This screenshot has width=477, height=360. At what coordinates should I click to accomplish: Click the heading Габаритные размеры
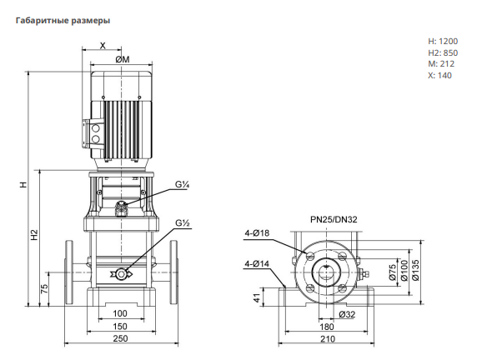pos(63,21)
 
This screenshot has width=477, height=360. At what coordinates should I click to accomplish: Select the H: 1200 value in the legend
pos(443,41)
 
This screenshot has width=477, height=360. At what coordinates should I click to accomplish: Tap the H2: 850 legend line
pos(443,52)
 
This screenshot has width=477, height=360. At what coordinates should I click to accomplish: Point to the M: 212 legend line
pos(441,64)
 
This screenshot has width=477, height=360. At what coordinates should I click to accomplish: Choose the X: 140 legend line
pos(439,75)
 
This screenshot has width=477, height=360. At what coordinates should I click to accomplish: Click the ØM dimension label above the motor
pos(123,59)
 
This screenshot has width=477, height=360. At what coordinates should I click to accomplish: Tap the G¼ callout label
pos(183,184)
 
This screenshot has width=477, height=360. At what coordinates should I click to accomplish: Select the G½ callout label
pos(183,222)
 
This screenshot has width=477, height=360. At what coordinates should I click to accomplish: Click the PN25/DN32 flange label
pos(334,219)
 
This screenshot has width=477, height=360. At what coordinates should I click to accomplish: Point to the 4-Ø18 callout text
pos(257,232)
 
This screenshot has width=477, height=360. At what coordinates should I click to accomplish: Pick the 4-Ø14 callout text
pos(257,263)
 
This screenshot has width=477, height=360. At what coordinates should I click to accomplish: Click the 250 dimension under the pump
pos(120,338)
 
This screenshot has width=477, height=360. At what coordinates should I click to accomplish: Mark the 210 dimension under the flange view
pos(328,338)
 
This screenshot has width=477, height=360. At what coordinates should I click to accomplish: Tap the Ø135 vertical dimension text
pos(415,270)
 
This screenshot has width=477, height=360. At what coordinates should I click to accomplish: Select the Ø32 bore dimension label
pos(347,314)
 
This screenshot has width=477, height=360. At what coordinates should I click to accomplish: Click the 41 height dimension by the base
pos(258,297)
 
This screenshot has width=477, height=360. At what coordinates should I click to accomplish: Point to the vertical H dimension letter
pos(23,184)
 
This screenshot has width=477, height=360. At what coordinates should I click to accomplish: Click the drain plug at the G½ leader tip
pos(122,274)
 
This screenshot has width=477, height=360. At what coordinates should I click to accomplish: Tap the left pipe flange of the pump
pos(69,272)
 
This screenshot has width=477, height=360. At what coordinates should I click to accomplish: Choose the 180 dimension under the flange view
pos(327,327)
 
